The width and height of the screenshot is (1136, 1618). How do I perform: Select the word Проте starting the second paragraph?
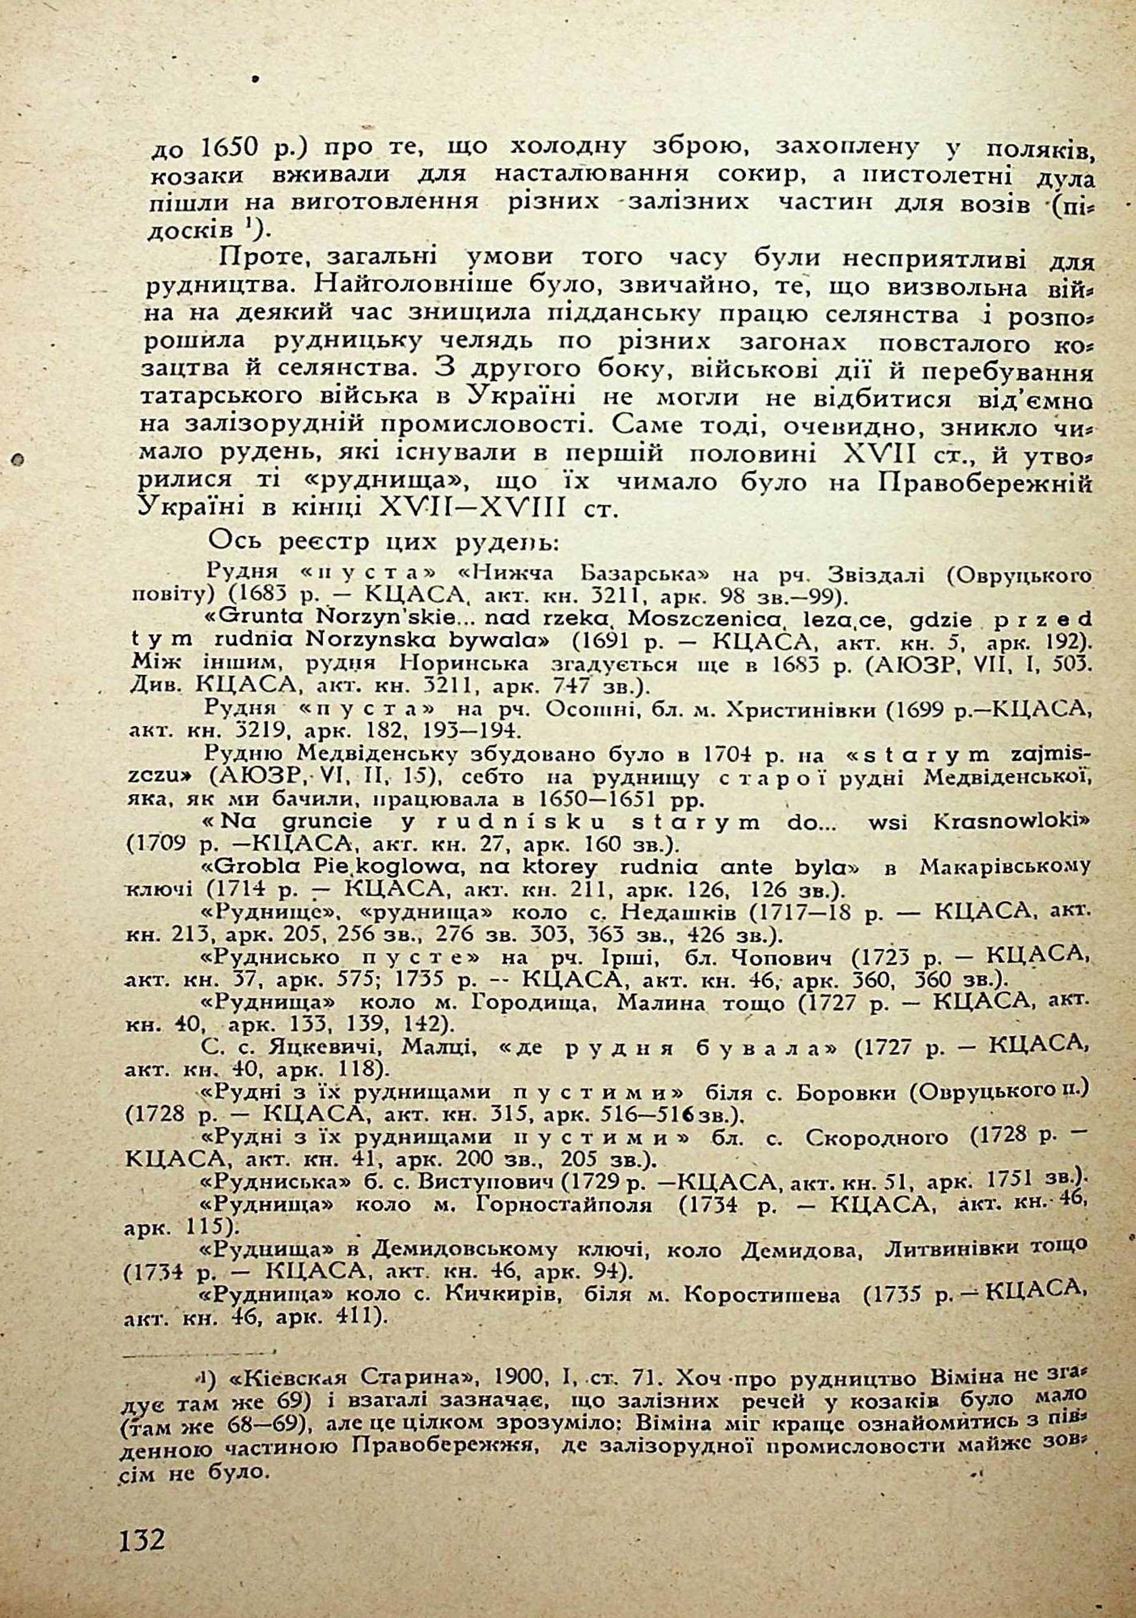tap(259, 256)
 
